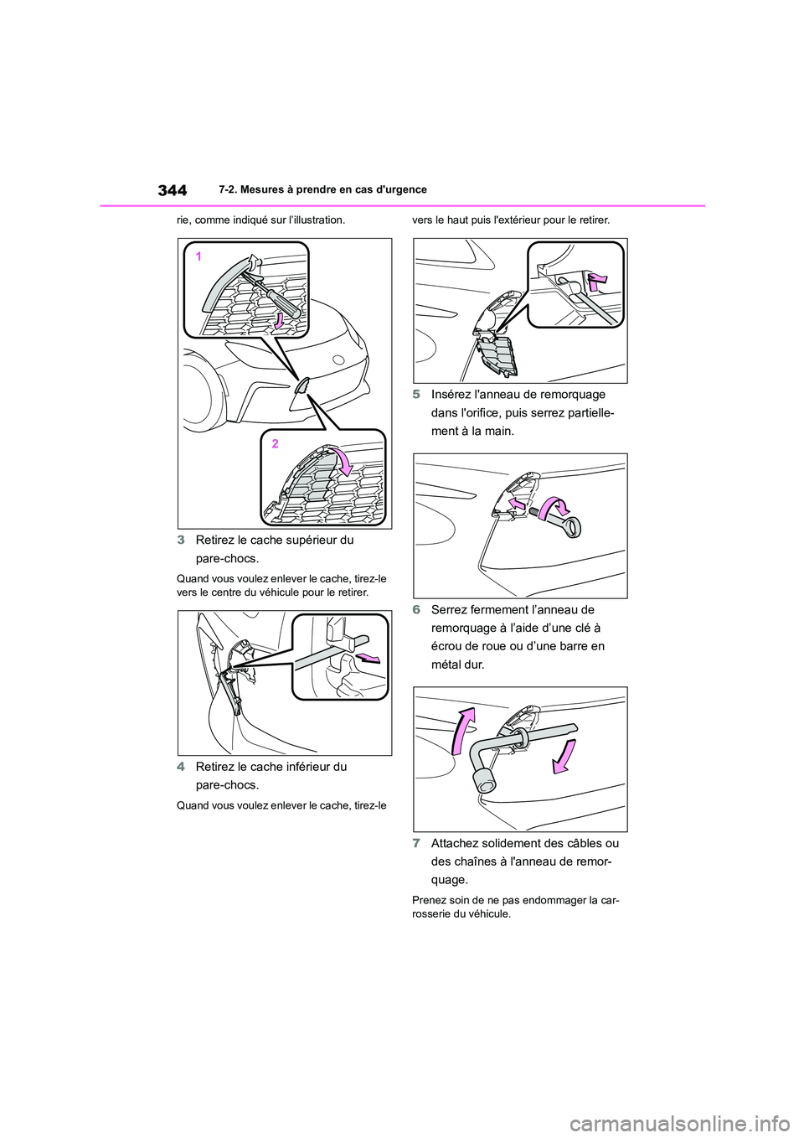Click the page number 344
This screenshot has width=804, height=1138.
pyautogui.click(x=172, y=190)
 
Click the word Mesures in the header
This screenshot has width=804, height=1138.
pyautogui.click(x=257, y=190)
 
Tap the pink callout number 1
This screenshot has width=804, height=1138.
pyautogui.click(x=199, y=257)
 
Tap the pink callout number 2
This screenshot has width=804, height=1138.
pyautogui.click(x=275, y=443)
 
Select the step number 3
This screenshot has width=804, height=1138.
pyautogui.click(x=181, y=540)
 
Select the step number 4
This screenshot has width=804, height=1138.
pyautogui.click(x=181, y=767)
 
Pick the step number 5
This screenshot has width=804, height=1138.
pyautogui.click(x=416, y=395)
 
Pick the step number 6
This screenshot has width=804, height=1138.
pyautogui.click(x=416, y=610)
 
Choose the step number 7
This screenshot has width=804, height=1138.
pyautogui.click(x=416, y=843)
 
